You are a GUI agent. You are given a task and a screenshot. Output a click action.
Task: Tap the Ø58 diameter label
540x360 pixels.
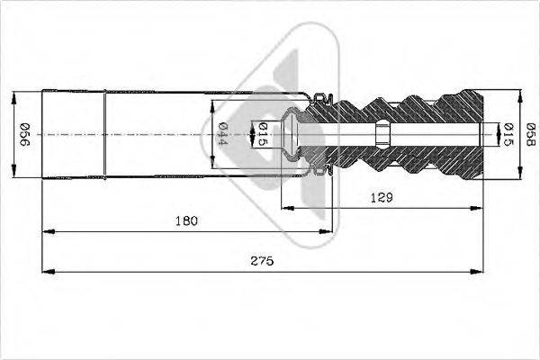533,133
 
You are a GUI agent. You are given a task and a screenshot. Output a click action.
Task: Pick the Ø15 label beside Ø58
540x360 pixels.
508,133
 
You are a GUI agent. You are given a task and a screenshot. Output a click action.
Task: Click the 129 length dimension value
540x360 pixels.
382,195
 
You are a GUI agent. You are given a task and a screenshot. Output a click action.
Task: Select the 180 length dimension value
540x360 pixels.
187,220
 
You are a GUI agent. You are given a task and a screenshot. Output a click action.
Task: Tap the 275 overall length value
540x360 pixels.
263,260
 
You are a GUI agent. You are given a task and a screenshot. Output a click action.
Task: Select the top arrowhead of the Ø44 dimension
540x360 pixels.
212,99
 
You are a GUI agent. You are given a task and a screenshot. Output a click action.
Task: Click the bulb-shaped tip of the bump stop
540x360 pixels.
291,133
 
